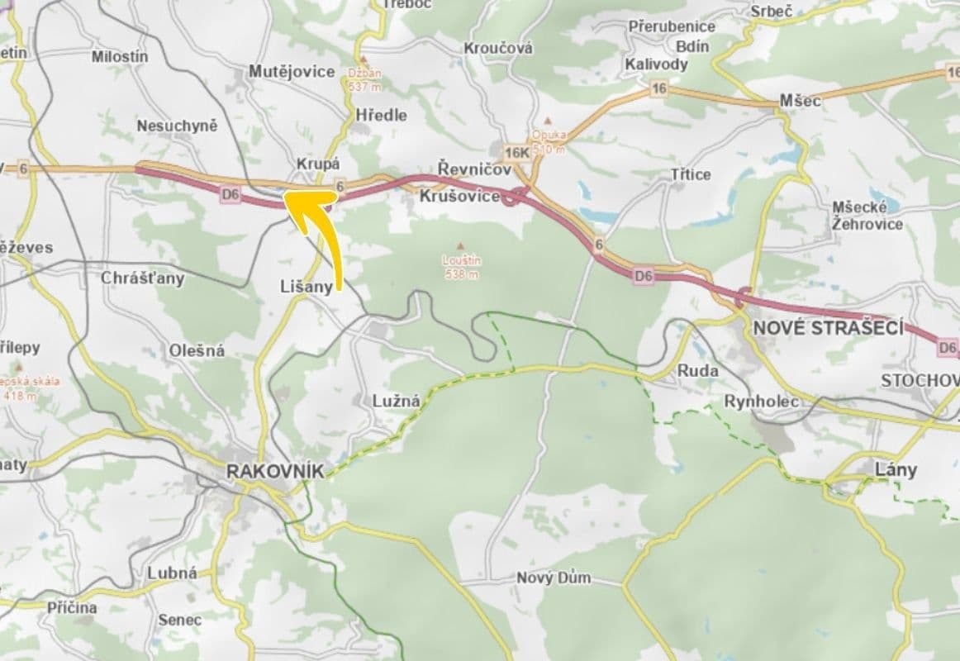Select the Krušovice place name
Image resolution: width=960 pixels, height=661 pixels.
pyautogui.click(x=459, y=197)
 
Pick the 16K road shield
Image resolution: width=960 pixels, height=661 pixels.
pyautogui.click(x=516, y=152)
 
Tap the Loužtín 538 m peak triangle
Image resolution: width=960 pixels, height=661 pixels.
pyautogui.click(x=461, y=245)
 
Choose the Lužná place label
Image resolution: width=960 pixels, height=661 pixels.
pyautogui.click(x=397, y=402)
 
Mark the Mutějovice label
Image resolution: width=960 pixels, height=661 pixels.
pyautogui.click(x=292, y=73)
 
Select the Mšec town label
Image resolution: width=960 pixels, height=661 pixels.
pyautogui.click(x=801, y=101)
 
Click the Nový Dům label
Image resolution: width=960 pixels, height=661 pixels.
pyautogui.click(x=554, y=578)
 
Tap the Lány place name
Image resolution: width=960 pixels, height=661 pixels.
pyautogui.click(x=896, y=470)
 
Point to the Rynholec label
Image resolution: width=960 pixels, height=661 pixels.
pyautogui.click(x=762, y=402)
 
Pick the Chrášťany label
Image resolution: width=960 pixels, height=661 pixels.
pyautogui.click(x=142, y=278)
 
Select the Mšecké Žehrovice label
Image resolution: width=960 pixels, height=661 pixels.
pyautogui.click(x=866, y=215)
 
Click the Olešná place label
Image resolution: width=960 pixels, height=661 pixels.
pyautogui.click(x=197, y=350)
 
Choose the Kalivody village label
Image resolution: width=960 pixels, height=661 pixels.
pyautogui.click(x=657, y=64)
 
